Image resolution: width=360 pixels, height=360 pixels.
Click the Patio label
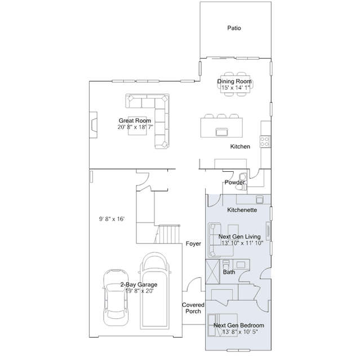tap(234, 28)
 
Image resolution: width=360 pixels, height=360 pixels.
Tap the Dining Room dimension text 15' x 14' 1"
tap(235, 87)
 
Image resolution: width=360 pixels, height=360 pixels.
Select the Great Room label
tap(135, 121)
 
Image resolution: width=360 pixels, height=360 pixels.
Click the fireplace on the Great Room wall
tap(93, 125)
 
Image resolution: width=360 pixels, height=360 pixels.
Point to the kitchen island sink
tap(221, 132)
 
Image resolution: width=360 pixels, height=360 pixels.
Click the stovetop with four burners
tap(265, 141)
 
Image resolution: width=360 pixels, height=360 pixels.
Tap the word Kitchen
tap(240, 146)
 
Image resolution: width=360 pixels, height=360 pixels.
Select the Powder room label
tap(234, 183)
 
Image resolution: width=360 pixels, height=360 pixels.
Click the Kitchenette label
tap(242, 210)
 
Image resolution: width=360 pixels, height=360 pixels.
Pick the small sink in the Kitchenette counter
tap(260, 199)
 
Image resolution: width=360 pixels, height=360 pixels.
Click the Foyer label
tap(193, 243)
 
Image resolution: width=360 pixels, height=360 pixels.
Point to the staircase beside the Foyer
tap(167, 234)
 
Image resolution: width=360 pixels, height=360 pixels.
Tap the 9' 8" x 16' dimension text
tap(112, 219)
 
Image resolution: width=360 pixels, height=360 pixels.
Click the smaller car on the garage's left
tap(115, 297)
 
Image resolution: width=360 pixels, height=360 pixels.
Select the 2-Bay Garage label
tap(139, 285)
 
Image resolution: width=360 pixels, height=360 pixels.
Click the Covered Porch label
tap(193, 308)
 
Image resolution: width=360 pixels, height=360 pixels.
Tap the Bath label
tap(229, 272)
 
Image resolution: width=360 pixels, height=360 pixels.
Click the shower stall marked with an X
tap(212, 272)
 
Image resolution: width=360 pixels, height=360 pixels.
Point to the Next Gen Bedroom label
tap(239, 325)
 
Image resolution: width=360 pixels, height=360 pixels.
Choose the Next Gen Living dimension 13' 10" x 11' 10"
tap(242, 243)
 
